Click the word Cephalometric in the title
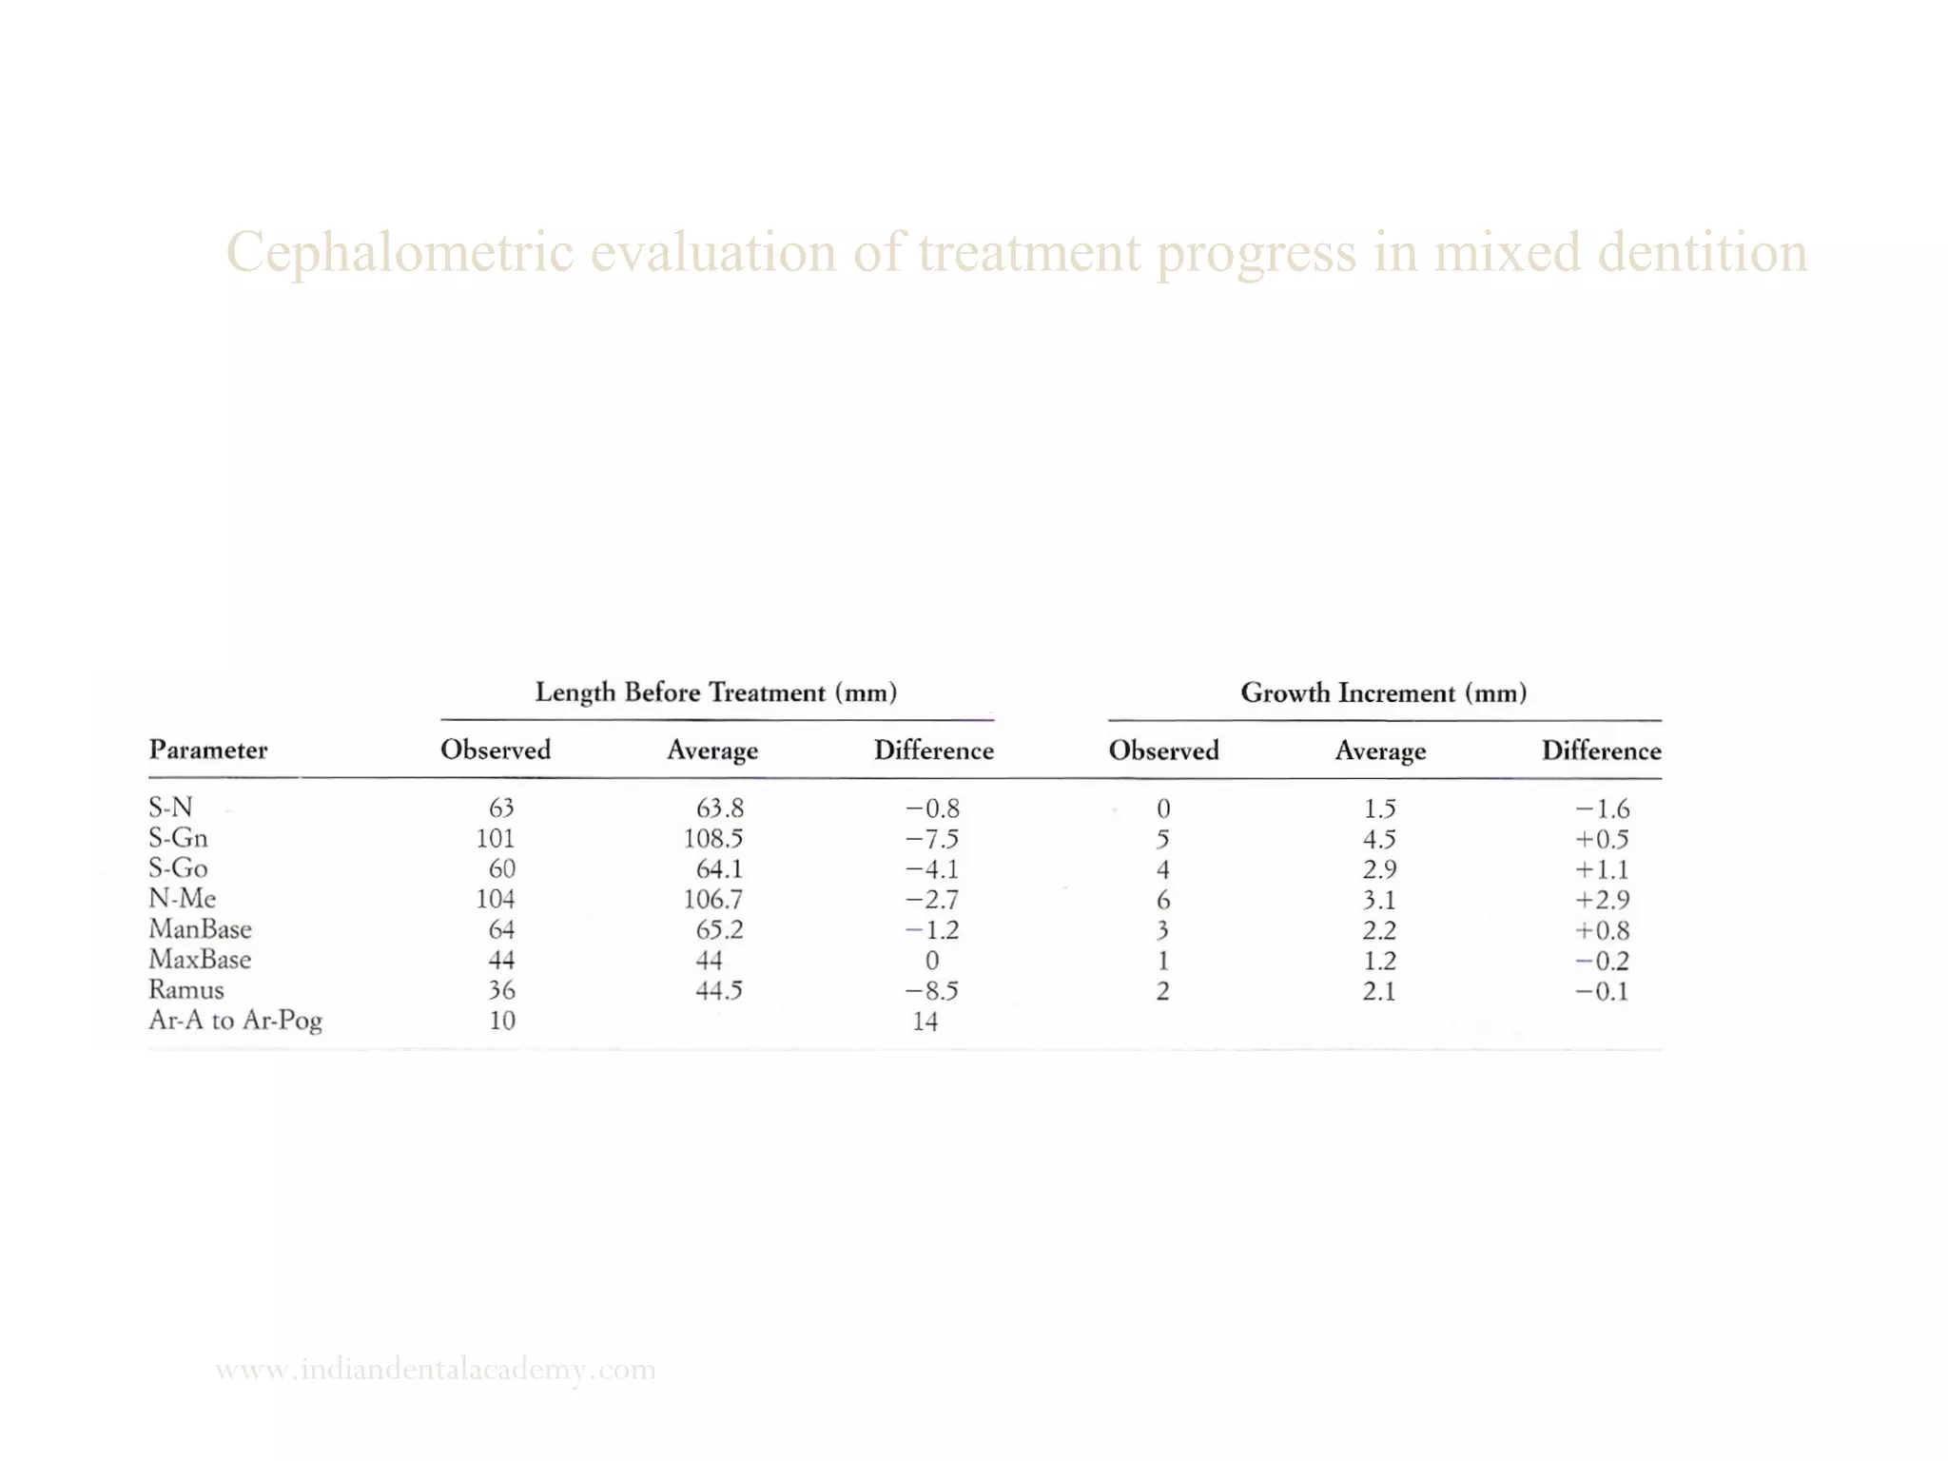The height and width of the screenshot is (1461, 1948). [399, 253]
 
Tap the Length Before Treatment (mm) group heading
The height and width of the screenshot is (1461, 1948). [716, 692]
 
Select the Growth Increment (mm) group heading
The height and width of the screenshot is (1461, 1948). [1383, 692]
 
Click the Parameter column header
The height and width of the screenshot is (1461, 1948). [207, 750]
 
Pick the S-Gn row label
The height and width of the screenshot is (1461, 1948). [178, 838]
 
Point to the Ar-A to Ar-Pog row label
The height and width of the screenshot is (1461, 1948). [235, 1021]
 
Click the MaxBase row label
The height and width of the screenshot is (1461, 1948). [200, 960]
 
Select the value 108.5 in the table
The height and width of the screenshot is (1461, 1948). [712, 839]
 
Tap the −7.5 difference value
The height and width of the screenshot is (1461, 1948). [931, 839]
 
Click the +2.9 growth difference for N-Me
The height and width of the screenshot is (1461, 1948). [1602, 900]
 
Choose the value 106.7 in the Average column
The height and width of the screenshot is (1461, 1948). [712, 900]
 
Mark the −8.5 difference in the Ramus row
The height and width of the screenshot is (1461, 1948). [931, 991]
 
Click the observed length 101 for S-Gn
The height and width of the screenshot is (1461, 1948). [496, 839]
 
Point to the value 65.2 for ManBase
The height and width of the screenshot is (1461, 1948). [718, 930]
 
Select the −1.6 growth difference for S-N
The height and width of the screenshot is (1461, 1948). [1602, 808]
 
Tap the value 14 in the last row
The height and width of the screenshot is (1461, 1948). [925, 1022]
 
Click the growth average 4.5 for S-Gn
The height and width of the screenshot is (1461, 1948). [1378, 839]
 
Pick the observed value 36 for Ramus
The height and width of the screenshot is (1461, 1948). [501, 991]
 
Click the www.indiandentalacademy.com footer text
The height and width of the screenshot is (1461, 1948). [436, 1370]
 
